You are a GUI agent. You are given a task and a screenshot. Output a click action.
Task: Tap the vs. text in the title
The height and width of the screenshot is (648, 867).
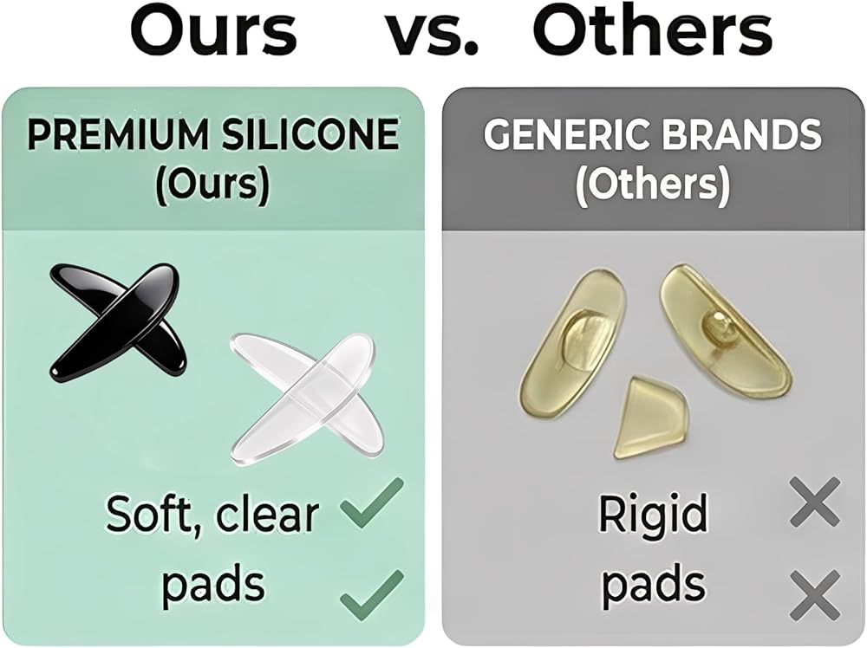point(431,35)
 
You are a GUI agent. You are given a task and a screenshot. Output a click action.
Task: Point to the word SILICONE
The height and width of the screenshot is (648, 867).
point(310,134)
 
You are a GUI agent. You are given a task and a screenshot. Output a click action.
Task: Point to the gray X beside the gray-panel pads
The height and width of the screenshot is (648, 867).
point(815,594)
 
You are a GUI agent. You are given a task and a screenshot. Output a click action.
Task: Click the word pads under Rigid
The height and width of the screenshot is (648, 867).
point(653,586)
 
